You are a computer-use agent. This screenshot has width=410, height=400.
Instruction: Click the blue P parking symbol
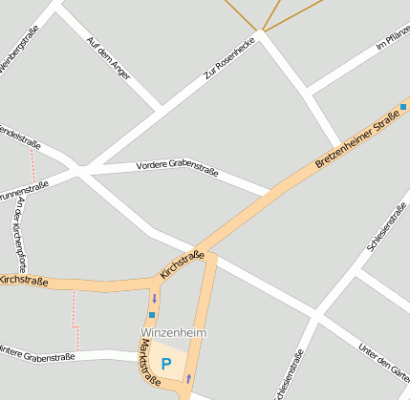pos(166,364)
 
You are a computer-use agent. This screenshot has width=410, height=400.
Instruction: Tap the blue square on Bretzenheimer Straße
pos(404,108)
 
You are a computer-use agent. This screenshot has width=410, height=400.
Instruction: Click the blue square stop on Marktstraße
pos(151,315)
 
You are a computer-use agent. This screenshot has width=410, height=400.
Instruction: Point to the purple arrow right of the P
pos(188,378)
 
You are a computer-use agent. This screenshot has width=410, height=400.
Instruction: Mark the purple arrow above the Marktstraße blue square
pos(154,298)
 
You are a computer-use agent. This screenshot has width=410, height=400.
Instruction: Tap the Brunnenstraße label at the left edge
pos(20,190)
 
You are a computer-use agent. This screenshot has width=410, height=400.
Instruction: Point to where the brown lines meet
pos(263,30)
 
